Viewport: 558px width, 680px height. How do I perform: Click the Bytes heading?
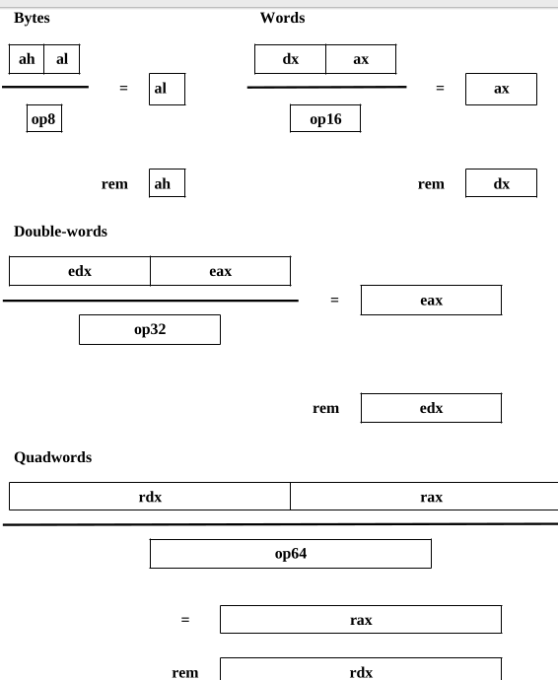pyautogui.click(x=32, y=18)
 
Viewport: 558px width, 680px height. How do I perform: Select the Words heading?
pyautogui.click(x=283, y=18)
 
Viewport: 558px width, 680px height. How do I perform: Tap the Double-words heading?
pyautogui.click(x=60, y=232)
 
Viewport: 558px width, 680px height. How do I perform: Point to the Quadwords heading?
pyautogui.click(x=53, y=457)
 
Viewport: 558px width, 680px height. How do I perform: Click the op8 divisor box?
pyautogui.click(x=44, y=118)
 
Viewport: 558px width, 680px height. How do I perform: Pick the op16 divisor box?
pyautogui.click(x=325, y=118)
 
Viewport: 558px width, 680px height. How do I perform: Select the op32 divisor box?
pyautogui.click(x=150, y=329)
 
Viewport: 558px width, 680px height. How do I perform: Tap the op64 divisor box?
pyautogui.click(x=291, y=554)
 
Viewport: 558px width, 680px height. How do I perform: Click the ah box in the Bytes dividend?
pyautogui.click(x=27, y=59)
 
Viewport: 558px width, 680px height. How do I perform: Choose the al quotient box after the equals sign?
pyautogui.click(x=167, y=89)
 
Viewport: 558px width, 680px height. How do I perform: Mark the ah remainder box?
pyautogui.click(x=167, y=183)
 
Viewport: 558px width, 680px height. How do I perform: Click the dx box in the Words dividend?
pyautogui.click(x=290, y=59)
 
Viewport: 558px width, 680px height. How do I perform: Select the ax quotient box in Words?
pyautogui.click(x=501, y=89)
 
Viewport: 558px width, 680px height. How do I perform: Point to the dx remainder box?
pyautogui.click(x=501, y=183)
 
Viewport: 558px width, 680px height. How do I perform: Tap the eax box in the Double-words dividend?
pyautogui.click(x=221, y=271)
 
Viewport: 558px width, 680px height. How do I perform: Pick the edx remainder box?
pyautogui.click(x=431, y=408)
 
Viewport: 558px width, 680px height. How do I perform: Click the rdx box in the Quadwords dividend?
pyautogui.click(x=150, y=496)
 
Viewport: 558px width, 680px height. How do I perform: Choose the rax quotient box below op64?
pyautogui.click(x=361, y=620)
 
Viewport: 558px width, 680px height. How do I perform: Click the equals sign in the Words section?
pyautogui.click(x=440, y=88)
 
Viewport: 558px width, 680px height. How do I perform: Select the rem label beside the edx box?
pyautogui.click(x=326, y=409)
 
